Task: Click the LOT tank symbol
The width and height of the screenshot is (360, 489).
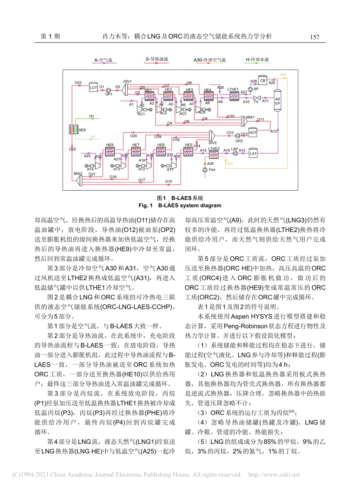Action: (x=93, y=87)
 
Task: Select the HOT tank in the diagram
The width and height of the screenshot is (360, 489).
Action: (x=253, y=133)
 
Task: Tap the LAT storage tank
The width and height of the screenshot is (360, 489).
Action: (x=253, y=154)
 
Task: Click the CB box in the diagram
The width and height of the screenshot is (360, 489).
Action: (x=263, y=80)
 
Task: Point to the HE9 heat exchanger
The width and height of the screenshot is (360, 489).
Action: (x=73, y=130)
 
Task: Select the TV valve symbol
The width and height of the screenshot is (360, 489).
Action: (x=256, y=98)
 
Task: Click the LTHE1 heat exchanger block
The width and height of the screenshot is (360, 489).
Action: (x=234, y=96)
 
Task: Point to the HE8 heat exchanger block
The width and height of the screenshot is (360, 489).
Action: (x=110, y=152)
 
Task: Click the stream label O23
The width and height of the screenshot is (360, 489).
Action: (x=78, y=83)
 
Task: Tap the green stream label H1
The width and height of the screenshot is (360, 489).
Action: (x=91, y=116)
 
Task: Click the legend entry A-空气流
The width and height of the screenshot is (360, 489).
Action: (x=103, y=60)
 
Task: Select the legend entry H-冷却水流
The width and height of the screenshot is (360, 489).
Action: (x=257, y=60)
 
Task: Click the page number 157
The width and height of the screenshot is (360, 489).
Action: (x=315, y=37)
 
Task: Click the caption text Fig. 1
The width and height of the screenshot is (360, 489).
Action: (x=146, y=205)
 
